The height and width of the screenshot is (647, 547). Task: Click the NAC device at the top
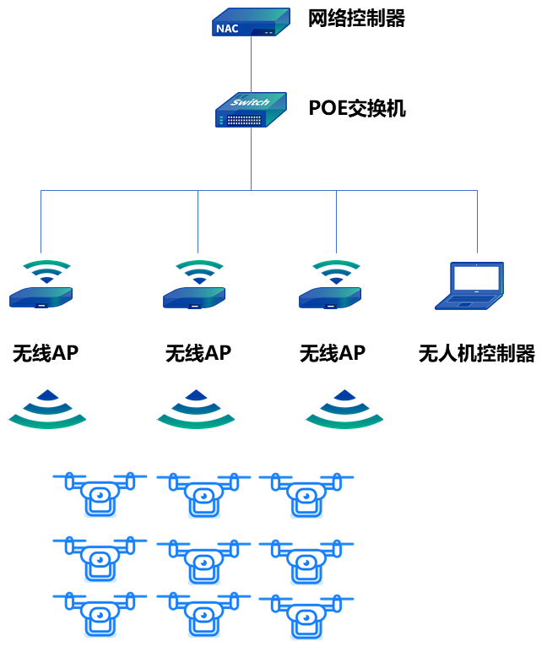(x=251, y=23)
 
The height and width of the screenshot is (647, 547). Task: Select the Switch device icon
(x=251, y=111)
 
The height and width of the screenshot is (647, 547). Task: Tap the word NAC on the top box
(x=227, y=29)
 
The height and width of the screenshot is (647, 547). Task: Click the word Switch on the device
(x=250, y=103)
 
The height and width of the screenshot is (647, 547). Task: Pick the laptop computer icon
(x=471, y=285)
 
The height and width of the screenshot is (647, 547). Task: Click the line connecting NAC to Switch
(x=251, y=64)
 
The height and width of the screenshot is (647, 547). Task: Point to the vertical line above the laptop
(x=477, y=221)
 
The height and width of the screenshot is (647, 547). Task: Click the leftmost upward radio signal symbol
(x=47, y=409)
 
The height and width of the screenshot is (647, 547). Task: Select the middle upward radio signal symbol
(x=196, y=409)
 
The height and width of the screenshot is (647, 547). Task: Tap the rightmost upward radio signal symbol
(x=344, y=409)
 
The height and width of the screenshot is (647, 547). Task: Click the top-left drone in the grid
(x=100, y=494)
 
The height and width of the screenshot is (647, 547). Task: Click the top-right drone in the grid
(x=306, y=495)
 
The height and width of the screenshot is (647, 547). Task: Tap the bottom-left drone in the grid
(x=100, y=614)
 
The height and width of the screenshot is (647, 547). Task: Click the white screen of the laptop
(x=476, y=278)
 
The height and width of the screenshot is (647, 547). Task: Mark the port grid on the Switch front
(x=245, y=120)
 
